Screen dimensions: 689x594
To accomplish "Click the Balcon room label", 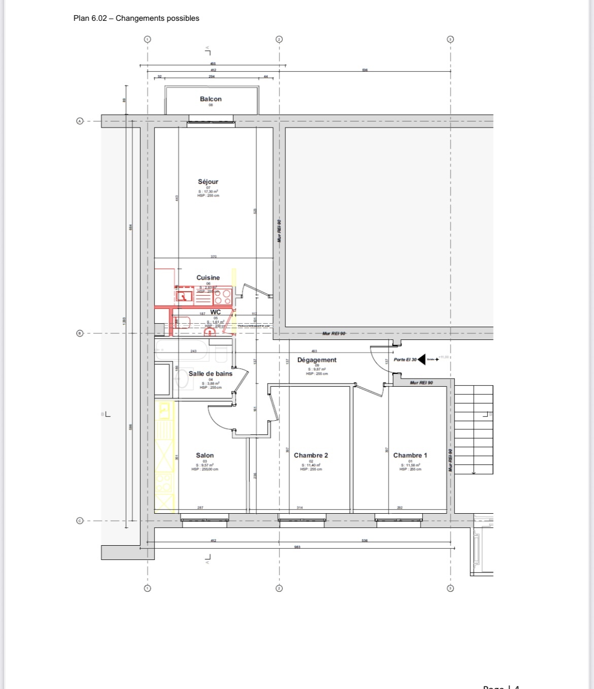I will (211, 99).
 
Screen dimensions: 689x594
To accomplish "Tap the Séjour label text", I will (208, 181).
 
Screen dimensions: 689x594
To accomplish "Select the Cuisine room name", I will (208, 277).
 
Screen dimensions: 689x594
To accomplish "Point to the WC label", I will (215, 312).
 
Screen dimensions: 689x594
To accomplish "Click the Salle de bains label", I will (210, 373).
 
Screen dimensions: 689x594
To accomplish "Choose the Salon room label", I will (205, 455).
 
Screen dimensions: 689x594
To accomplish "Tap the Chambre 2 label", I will (311, 455).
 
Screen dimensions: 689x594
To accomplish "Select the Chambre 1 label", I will (410, 455).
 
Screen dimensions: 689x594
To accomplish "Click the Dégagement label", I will (317, 360).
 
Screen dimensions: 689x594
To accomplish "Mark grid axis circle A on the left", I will (79, 121).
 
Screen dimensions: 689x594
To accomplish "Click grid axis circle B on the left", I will (79, 333).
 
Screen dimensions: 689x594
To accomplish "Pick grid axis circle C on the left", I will (79, 521).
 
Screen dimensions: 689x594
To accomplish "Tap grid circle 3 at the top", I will (450, 39).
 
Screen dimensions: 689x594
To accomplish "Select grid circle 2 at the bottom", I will (279, 588).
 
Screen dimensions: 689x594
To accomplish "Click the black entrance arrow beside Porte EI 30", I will (422, 359).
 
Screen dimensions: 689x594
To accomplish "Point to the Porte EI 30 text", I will (405, 359).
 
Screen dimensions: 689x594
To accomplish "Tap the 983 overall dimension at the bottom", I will (297, 547).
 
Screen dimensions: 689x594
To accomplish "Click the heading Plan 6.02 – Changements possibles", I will (136, 18).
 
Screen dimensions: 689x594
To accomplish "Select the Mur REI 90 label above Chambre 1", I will (421, 383).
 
